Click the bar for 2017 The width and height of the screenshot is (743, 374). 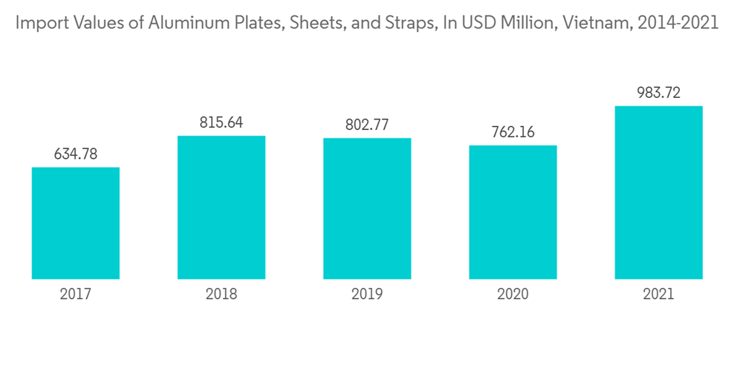(x=76, y=223)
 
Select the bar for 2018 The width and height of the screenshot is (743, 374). (x=221, y=207)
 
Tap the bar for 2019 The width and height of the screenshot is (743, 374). (x=367, y=209)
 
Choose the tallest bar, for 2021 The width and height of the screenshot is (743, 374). (x=658, y=192)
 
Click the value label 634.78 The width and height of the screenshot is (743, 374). (x=76, y=154)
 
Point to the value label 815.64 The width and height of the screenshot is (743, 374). (x=221, y=123)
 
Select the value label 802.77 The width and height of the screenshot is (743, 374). (x=367, y=125)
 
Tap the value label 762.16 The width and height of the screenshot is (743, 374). (x=513, y=133)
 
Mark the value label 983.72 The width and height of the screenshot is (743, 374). (x=658, y=93)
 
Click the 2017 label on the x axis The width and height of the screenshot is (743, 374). (x=76, y=295)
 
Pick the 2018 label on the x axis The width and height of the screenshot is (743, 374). (x=221, y=295)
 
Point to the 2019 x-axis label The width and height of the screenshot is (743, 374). (x=367, y=295)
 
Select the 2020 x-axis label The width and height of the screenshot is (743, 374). (x=513, y=295)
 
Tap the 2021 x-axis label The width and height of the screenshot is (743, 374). (x=658, y=295)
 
